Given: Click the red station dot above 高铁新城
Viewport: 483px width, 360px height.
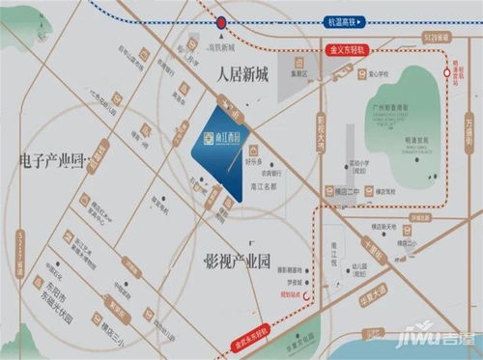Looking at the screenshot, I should [222, 19].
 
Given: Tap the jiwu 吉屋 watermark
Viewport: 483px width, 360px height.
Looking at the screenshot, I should [435, 342].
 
